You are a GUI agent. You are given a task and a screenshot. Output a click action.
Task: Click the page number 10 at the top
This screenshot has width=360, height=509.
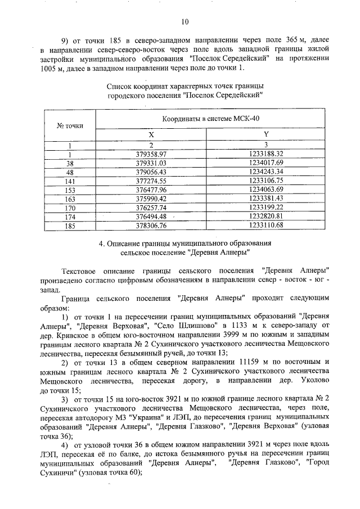[x=184, y=22]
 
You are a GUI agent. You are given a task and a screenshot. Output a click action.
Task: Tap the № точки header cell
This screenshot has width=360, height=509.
[x=70, y=125]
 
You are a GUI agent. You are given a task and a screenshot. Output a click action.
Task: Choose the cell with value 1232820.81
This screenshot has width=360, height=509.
[x=267, y=216]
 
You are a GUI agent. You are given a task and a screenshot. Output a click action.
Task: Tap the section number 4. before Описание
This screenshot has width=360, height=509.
[x=101, y=244]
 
